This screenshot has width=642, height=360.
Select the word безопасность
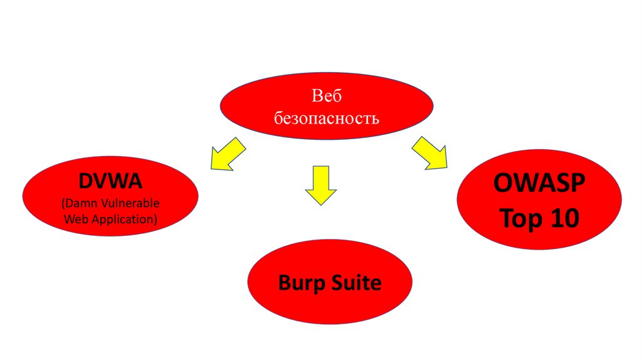326,118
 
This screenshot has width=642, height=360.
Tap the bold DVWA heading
111,181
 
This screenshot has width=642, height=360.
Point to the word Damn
78,204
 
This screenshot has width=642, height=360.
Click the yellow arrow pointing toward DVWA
227,156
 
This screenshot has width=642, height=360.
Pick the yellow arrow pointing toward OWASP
430,153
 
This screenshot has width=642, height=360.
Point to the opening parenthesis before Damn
63,205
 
